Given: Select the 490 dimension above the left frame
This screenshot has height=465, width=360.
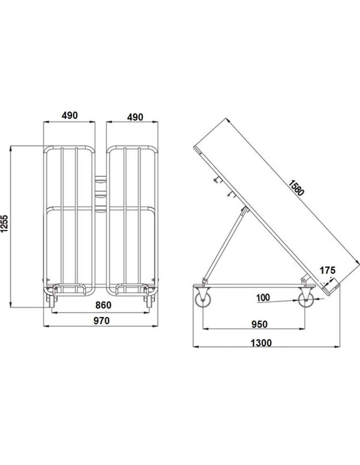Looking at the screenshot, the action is pos(70,115).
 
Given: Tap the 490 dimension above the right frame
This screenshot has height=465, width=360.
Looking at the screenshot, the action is pos(135,117).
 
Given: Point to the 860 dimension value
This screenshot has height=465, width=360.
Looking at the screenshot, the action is pos(103,305).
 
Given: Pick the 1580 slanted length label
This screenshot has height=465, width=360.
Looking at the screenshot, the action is pos(296,188).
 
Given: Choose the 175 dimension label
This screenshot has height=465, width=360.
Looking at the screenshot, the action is pos(328,270).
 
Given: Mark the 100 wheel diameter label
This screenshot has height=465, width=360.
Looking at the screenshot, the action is pos(263,298).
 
